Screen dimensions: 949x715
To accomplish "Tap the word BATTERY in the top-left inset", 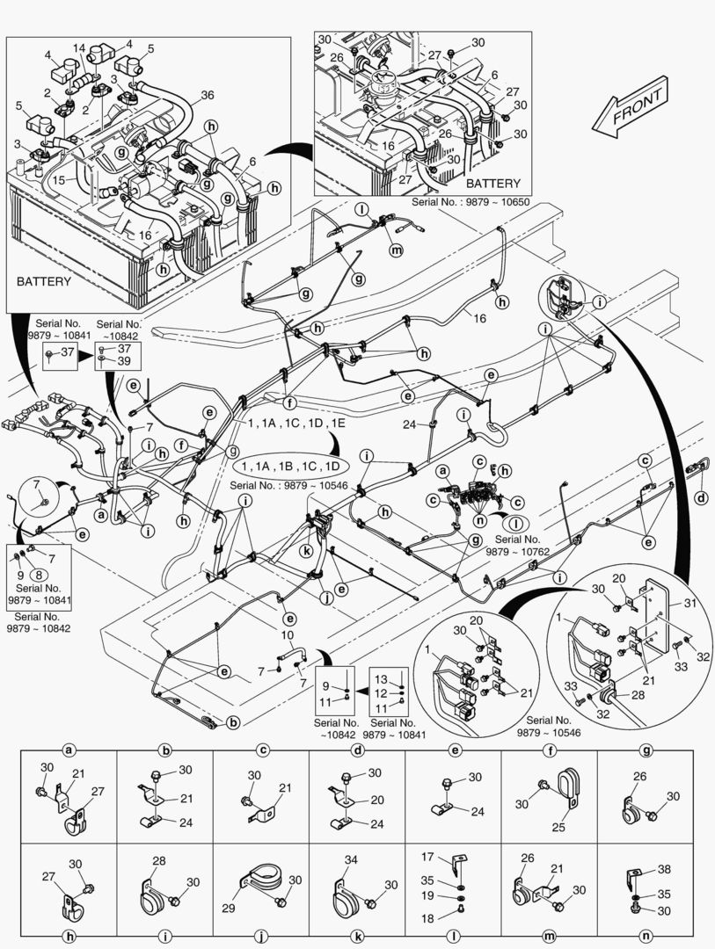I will (44, 282).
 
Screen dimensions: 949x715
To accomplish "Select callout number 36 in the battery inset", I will (208, 95).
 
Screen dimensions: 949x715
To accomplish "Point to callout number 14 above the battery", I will (80, 47).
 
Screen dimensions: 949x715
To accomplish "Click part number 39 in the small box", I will (124, 361).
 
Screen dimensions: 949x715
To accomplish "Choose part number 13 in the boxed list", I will (381, 679).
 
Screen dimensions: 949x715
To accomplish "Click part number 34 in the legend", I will (352, 860).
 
